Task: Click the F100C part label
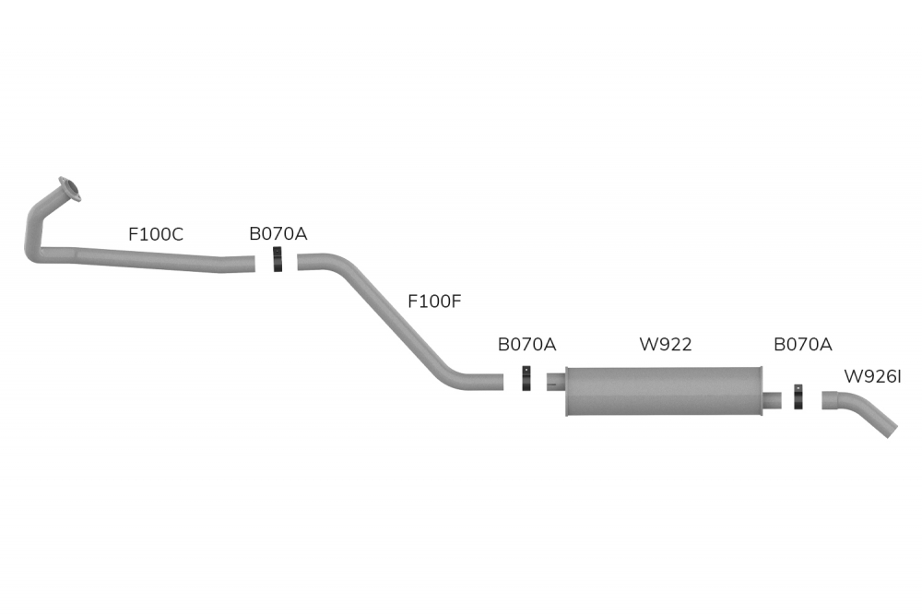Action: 156,234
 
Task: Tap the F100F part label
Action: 433,301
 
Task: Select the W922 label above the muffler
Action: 666,345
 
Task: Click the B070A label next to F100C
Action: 278,234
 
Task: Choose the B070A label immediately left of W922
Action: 526,345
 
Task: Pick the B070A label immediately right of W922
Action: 802,345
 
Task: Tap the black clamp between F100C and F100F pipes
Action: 278,260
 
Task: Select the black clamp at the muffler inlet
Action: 526,379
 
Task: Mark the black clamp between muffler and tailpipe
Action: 798,397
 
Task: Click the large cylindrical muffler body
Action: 664,391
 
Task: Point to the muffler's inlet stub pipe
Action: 554,380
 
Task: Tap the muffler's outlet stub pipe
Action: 773,399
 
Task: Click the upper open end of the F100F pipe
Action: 302,264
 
